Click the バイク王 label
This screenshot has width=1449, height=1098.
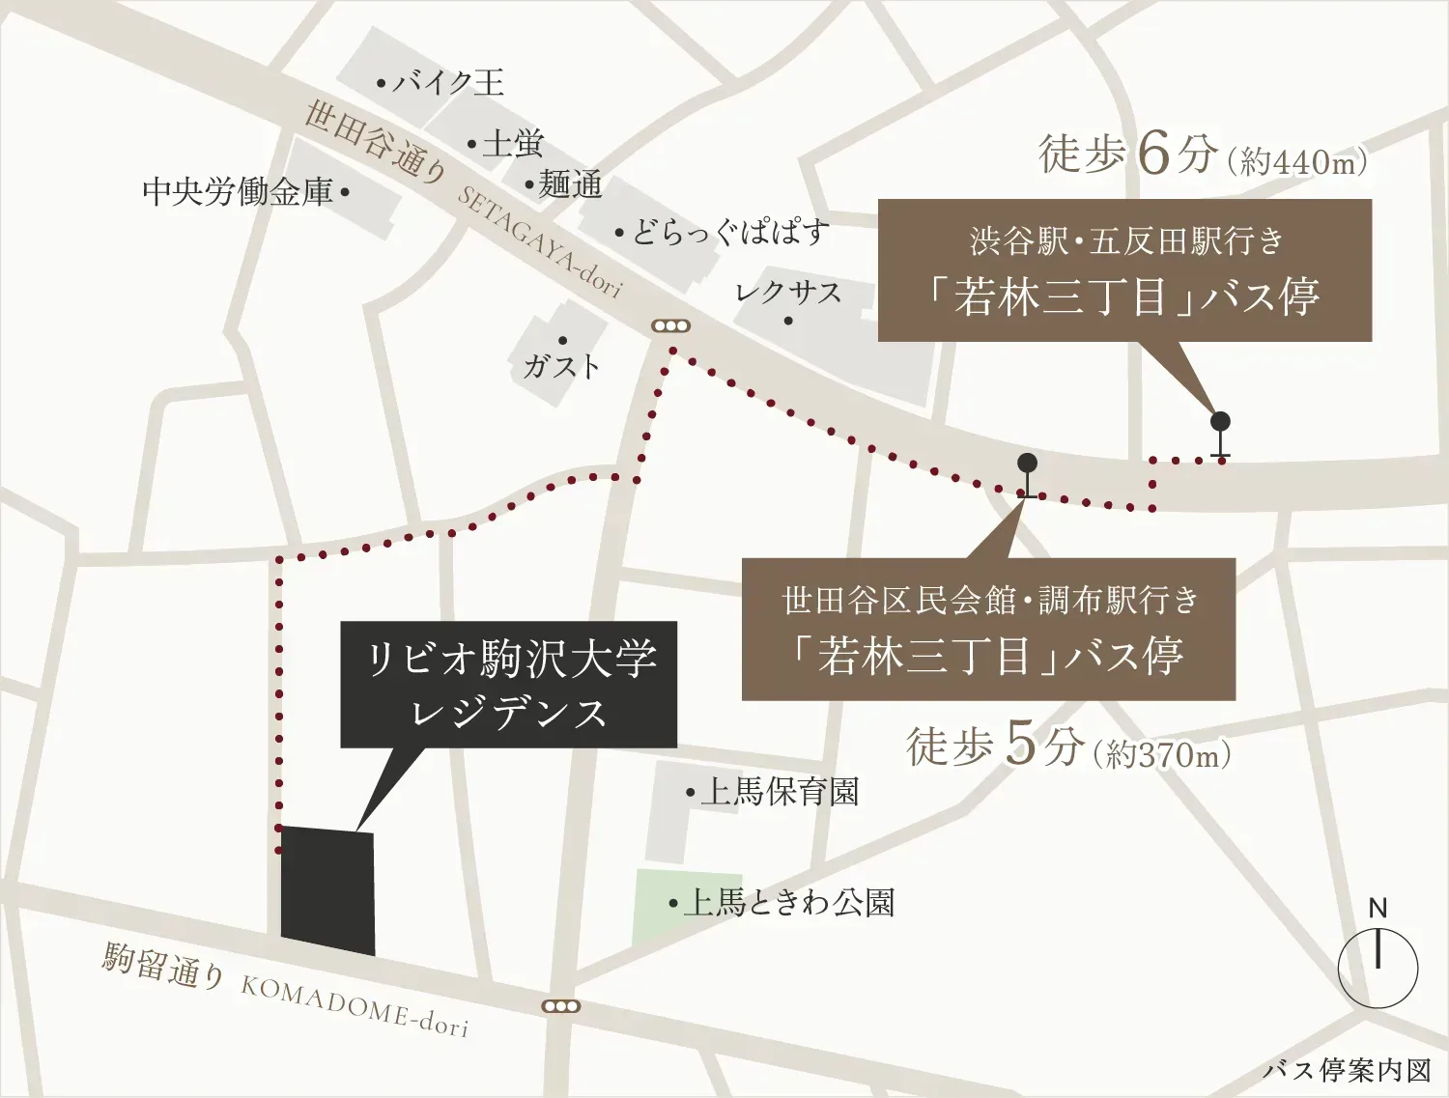(x=447, y=83)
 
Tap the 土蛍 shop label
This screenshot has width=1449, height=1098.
(x=512, y=145)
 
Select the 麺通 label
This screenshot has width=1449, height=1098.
(x=570, y=184)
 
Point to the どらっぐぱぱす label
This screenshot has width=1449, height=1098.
(x=729, y=233)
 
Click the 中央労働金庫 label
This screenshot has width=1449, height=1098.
(x=238, y=191)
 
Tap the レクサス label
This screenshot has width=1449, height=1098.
(x=788, y=293)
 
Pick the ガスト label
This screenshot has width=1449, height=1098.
(x=561, y=366)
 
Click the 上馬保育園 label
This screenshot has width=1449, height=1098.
(x=779, y=793)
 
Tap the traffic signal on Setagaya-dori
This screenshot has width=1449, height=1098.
(x=670, y=326)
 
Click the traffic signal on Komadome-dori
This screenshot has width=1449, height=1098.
(x=561, y=1006)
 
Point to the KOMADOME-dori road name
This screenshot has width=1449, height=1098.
(x=354, y=1004)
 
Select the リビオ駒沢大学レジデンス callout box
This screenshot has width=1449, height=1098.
(x=508, y=685)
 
